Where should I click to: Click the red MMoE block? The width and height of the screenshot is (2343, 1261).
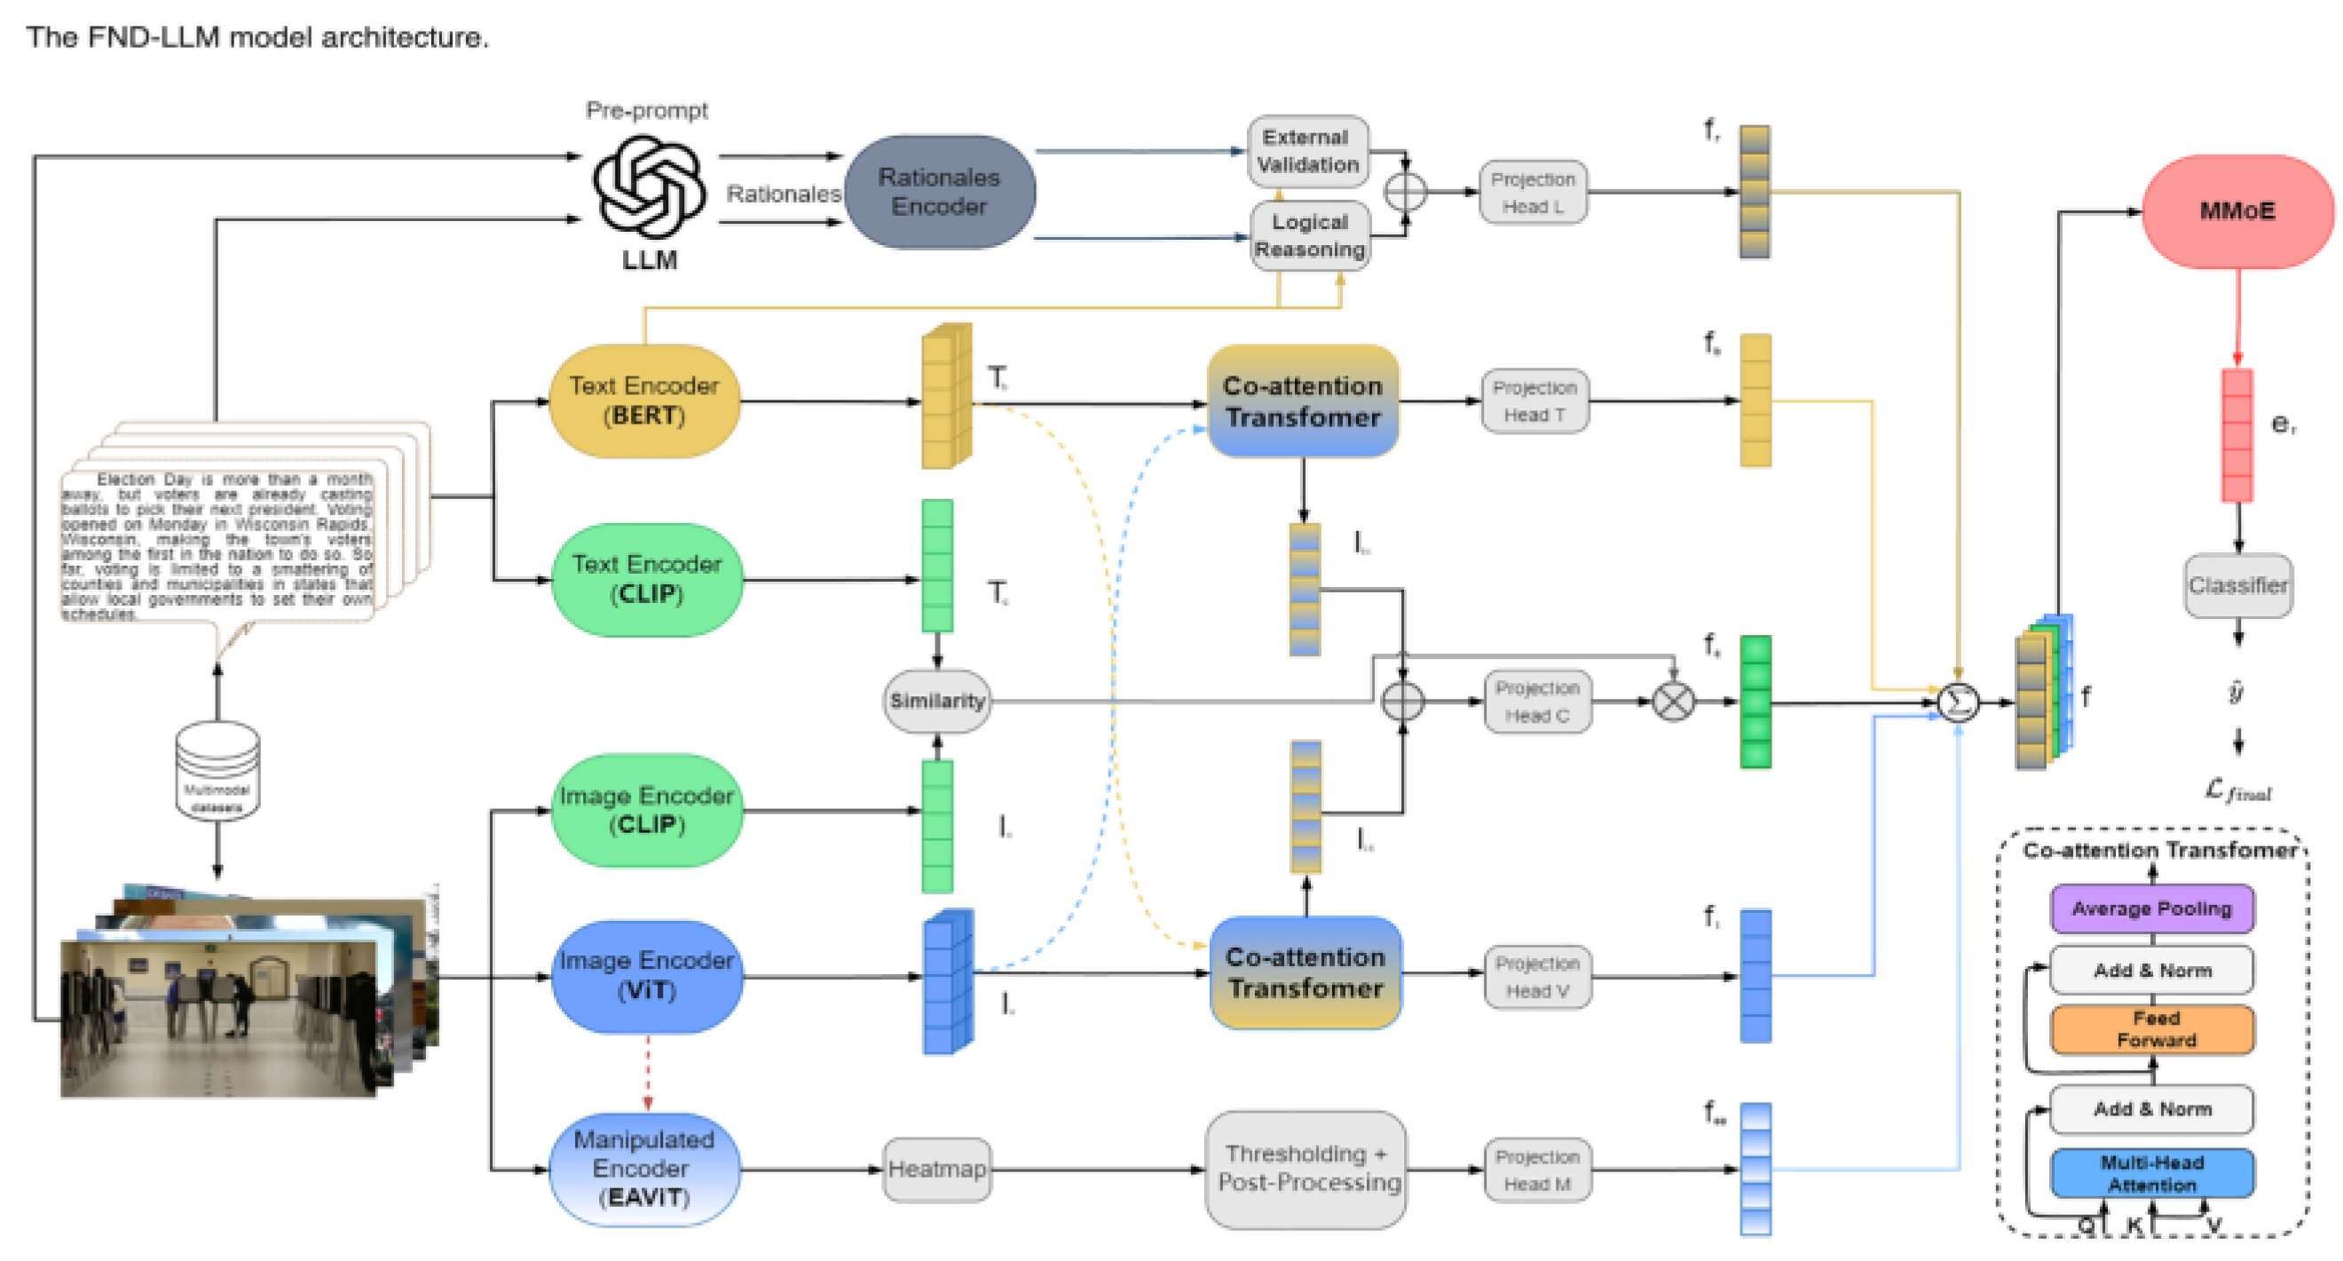(x=2236, y=211)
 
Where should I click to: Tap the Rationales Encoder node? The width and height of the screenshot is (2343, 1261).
(x=939, y=192)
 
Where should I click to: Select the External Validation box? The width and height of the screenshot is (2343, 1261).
(x=1307, y=151)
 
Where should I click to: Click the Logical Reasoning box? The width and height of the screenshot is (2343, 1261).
(x=1309, y=235)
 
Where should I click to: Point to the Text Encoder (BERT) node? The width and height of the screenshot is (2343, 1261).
(x=644, y=401)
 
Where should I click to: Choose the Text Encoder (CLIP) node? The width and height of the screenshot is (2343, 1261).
(x=647, y=579)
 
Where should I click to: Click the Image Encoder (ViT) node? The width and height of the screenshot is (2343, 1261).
(x=647, y=975)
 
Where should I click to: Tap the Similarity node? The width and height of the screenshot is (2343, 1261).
(x=937, y=701)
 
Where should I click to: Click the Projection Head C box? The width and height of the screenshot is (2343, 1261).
(x=1536, y=702)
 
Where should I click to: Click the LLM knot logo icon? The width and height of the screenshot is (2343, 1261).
(x=649, y=186)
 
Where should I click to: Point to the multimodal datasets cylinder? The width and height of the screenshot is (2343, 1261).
(x=217, y=770)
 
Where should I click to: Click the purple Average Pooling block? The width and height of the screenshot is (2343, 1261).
(x=2151, y=908)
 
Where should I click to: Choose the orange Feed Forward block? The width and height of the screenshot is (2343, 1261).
(x=2151, y=1029)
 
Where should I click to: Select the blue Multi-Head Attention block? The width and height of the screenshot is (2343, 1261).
(x=2151, y=1173)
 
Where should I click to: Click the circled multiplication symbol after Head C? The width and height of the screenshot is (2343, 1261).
(x=1672, y=702)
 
